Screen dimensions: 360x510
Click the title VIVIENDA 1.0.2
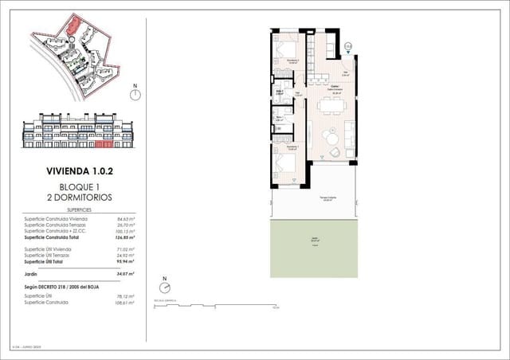79,170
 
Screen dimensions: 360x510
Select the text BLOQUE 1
79,186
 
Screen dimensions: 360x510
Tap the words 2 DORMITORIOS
79,196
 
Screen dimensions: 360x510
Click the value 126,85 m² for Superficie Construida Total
123,237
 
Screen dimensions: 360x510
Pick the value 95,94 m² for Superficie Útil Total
124,261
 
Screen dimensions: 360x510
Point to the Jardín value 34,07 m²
124,273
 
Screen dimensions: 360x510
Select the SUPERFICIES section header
79,209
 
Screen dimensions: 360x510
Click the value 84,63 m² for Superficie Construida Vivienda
124,218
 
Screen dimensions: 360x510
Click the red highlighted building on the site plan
73,25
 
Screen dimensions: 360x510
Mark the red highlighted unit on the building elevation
103,145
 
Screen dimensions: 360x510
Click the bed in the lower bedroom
285,166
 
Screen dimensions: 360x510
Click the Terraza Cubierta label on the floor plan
327,199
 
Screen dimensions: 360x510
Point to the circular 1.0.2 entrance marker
348,46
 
